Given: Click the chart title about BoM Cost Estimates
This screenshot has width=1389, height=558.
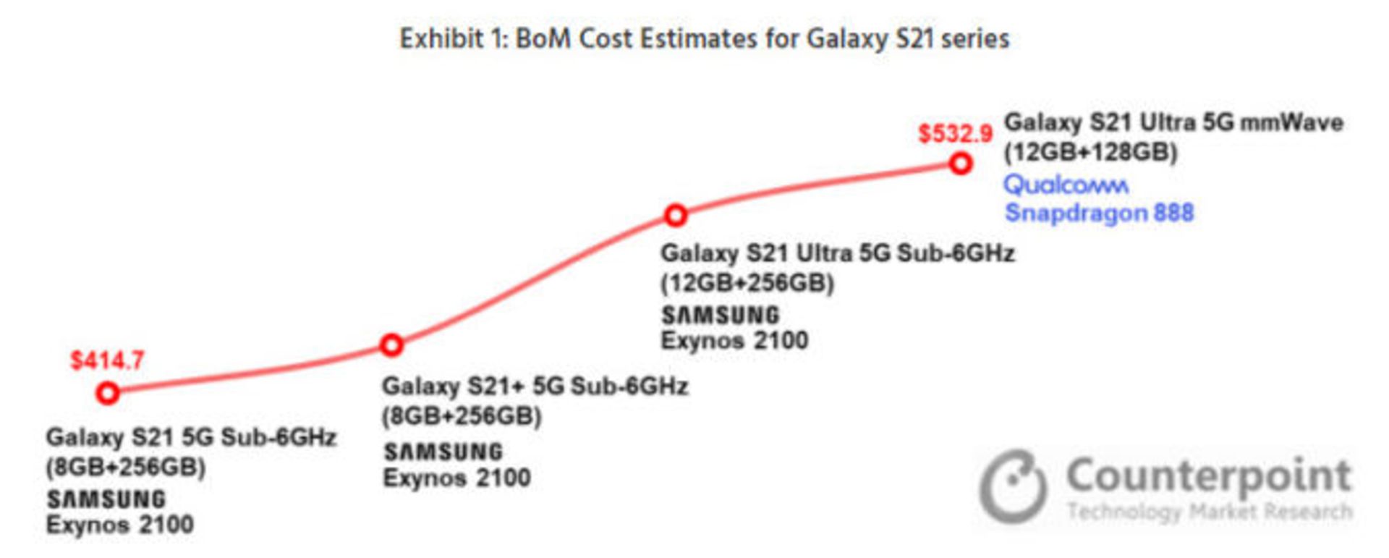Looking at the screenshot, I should pyautogui.click(x=705, y=38).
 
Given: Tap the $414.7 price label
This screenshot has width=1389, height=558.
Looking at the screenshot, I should pyautogui.click(x=107, y=360).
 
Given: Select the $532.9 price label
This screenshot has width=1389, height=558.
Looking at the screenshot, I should pyautogui.click(x=955, y=134).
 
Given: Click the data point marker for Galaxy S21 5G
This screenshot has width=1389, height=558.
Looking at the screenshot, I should pyautogui.click(x=108, y=393).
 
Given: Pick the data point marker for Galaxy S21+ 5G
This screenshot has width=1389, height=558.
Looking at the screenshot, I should pyautogui.click(x=391, y=345).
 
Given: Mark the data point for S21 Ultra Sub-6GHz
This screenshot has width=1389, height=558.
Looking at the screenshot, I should pyautogui.click(x=676, y=215).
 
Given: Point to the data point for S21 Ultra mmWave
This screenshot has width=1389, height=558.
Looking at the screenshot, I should pyautogui.click(x=960, y=164).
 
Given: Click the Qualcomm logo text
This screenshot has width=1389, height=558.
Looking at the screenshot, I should pyautogui.click(x=1066, y=185).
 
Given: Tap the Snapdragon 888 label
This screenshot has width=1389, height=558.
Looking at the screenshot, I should pyautogui.click(x=1099, y=214).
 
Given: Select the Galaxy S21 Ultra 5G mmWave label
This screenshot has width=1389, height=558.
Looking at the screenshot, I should pyautogui.click(x=1173, y=122).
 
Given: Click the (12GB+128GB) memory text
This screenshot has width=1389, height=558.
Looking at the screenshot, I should pyautogui.click(x=1090, y=153).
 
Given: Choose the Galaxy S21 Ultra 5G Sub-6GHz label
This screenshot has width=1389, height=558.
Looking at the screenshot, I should pyautogui.click(x=837, y=253).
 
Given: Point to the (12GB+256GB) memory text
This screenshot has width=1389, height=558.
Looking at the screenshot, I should pyautogui.click(x=747, y=283).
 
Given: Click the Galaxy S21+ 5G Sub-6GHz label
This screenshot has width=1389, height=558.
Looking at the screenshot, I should pyautogui.click(x=535, y=386).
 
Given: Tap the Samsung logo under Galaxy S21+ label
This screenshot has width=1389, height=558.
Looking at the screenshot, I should pyautogui.click(x=443, y=452).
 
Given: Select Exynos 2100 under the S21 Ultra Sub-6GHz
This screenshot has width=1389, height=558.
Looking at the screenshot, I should pyautogui.click(x=734, y=341).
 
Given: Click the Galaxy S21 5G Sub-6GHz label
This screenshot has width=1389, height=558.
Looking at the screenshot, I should pyautogui.click(x=191, y=437).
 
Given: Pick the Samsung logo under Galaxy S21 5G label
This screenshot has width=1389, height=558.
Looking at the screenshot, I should pyautogui.click(x=106, y=499).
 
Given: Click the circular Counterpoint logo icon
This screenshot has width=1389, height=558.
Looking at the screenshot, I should pyautogui.click(x=1013, y=486).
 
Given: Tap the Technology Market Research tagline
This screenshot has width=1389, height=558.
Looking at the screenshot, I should pyautogui.click(x=1209, y=512).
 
